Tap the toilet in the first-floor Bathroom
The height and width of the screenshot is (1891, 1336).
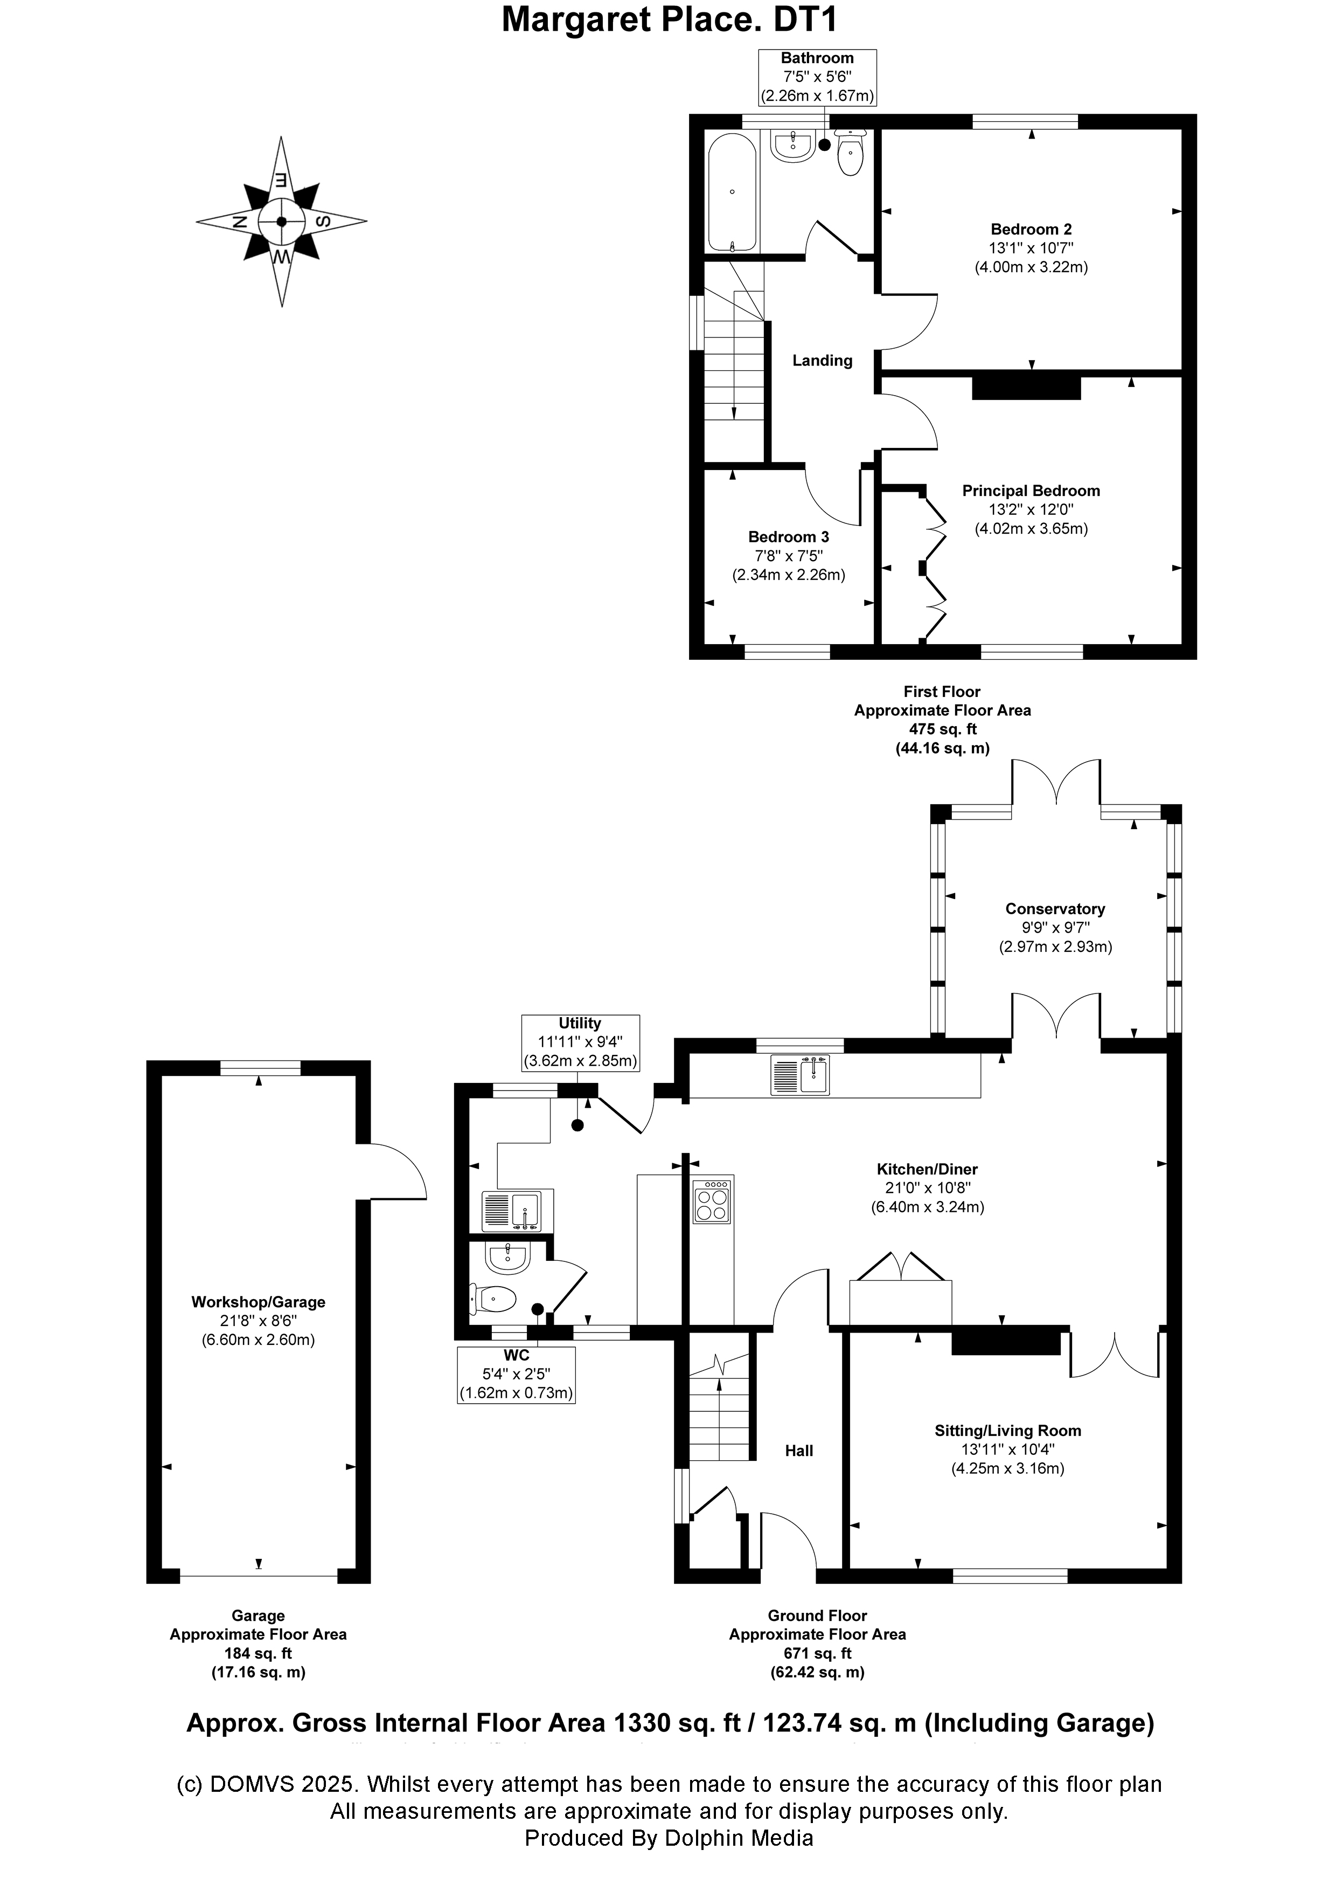[x=850, y=151]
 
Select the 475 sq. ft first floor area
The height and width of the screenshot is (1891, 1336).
[x=943, y=729]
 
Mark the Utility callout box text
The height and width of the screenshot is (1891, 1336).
[x=580, y=1043]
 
